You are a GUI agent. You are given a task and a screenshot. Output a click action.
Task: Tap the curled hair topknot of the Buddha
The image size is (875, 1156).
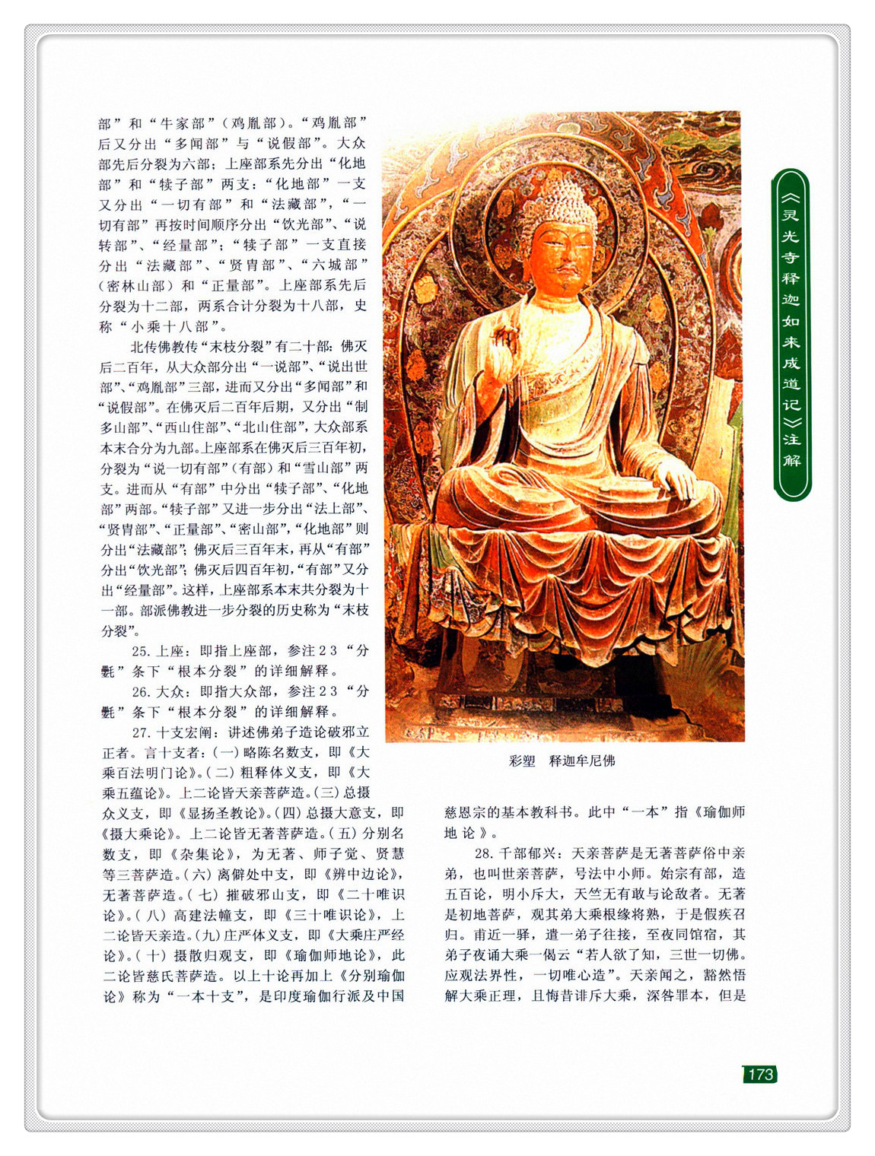pos(561,193)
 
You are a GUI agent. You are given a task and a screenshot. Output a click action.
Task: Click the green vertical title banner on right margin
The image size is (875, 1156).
pos(791,335)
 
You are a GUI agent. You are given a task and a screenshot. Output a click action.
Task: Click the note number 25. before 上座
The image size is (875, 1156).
pos(140,651)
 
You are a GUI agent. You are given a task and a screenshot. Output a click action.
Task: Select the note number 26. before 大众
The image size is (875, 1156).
pos(140,691)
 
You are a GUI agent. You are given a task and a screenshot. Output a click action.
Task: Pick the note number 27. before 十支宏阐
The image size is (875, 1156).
pos(140,732)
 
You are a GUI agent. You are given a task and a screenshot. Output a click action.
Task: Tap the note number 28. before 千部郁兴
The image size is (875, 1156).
pos(482,853)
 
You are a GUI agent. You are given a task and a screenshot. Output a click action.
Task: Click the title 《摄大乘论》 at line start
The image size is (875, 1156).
pos(138,833)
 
